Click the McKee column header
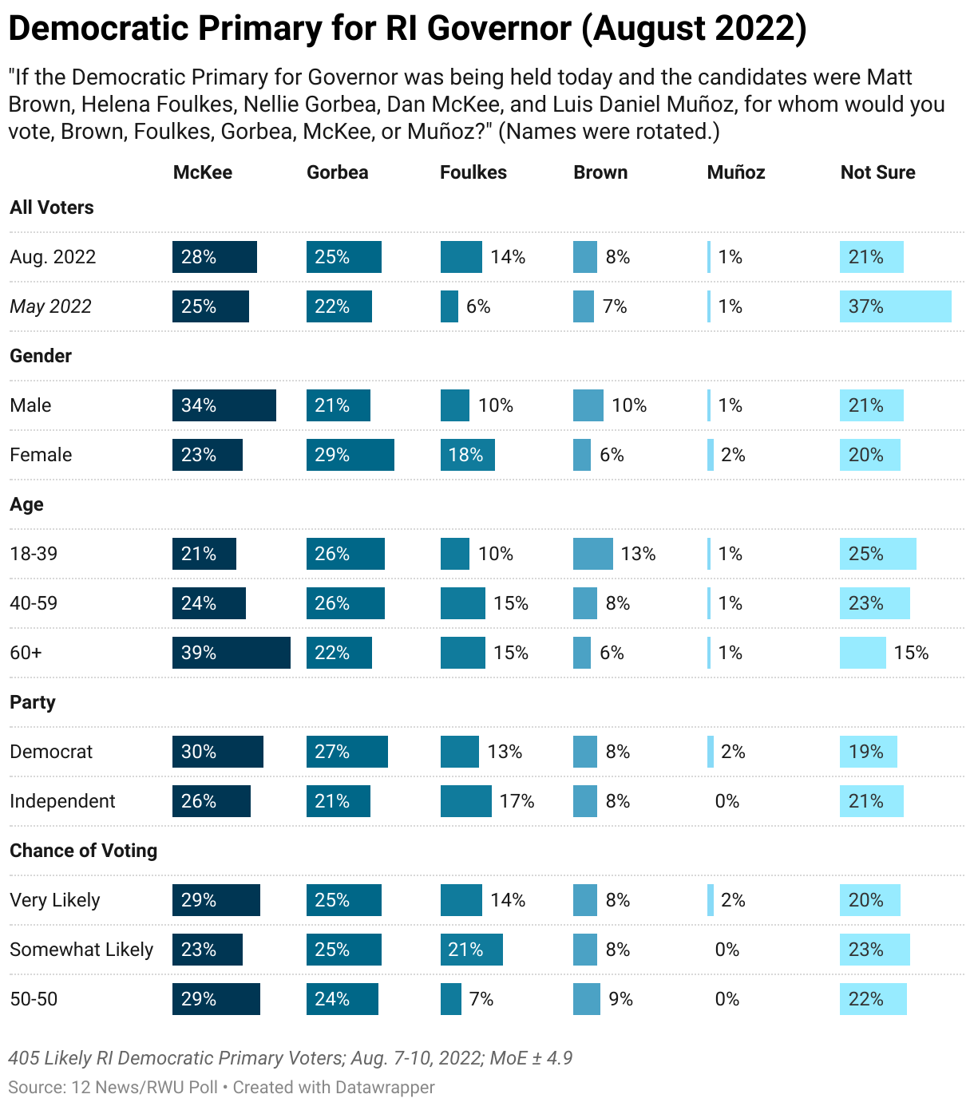[x=203, y=172]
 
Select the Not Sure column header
[x=877, y=172]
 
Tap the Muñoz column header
[x=735, y=172]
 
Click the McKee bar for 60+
[x=231, y=653]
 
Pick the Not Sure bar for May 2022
[x=895, y=306]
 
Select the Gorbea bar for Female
[x=350, y=455]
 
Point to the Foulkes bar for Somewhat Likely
[x=471, y=950]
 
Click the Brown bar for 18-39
[x=592, y=554]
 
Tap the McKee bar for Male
[x=224, y=405]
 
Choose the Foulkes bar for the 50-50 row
[x=450, y=999]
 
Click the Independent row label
[x=62, y=801]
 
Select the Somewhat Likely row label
[x=81, y=950]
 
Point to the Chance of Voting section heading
[x=83, y=851]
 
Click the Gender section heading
[x=41, y=356]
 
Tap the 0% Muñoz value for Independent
[x=727, y=801]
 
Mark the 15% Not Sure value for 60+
[x=911, y=653]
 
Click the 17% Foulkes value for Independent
[x=517, y=801]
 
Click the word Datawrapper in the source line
[x=385, y=1087]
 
